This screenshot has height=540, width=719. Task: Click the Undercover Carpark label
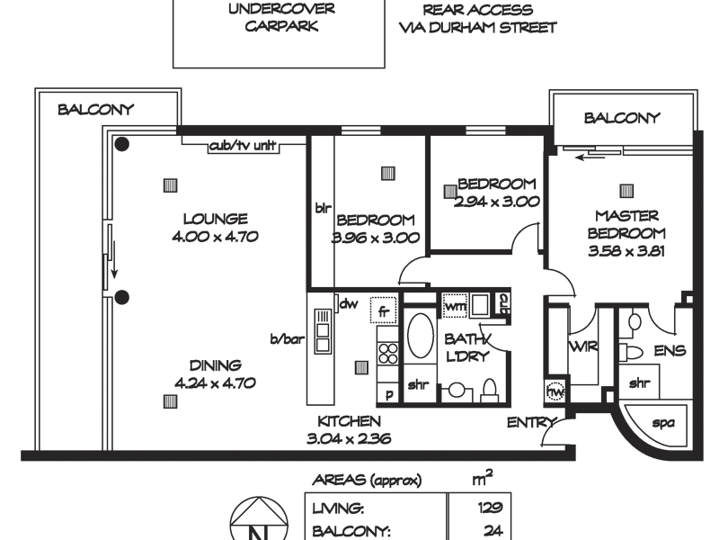click(281, 17)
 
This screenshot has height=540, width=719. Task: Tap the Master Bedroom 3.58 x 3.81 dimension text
click(626, 251)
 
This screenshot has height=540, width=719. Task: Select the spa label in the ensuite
click(663, 422)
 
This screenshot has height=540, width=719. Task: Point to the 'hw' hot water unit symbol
click(555, 391)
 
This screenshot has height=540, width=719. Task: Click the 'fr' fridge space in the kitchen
click(384, 310)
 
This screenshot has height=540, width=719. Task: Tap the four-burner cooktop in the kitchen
click(388, 354)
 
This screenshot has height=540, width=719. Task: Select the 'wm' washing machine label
click(456, 306)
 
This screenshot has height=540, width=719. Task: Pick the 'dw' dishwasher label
click(349, 303)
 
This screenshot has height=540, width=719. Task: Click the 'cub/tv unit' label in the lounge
click(243, 146)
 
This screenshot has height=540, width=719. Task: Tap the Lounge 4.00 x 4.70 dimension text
click(215, 237)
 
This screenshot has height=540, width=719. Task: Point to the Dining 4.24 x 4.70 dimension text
click(215, 382)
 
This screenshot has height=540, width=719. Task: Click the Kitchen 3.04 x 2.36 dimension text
click(349, 438)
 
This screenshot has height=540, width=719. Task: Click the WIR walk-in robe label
click(583, 346)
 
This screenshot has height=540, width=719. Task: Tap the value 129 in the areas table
click(490, 508)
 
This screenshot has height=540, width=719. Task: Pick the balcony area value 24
click(493, 531)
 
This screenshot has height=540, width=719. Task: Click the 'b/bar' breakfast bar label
click(288, 339)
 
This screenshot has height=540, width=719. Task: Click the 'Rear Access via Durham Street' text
click(478, 18)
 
